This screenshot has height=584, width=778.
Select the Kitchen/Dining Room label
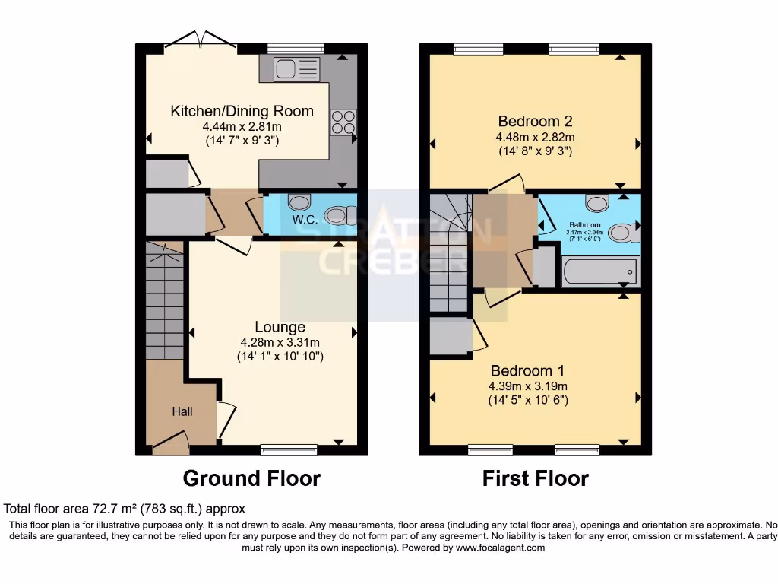[242, 111]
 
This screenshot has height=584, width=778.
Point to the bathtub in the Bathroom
[600, 271]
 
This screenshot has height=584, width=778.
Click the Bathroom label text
[585, 225]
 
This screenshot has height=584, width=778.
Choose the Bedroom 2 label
[535, 121]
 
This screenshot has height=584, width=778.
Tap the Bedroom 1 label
[527, 371]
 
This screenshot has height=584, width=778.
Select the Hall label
[182, 411]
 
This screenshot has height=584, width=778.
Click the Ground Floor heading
[251, 478]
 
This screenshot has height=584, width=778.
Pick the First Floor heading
[535, 478]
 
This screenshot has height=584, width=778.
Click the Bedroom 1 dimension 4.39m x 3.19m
[527, 386]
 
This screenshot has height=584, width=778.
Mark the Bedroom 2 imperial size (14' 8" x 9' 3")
[535, 151]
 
